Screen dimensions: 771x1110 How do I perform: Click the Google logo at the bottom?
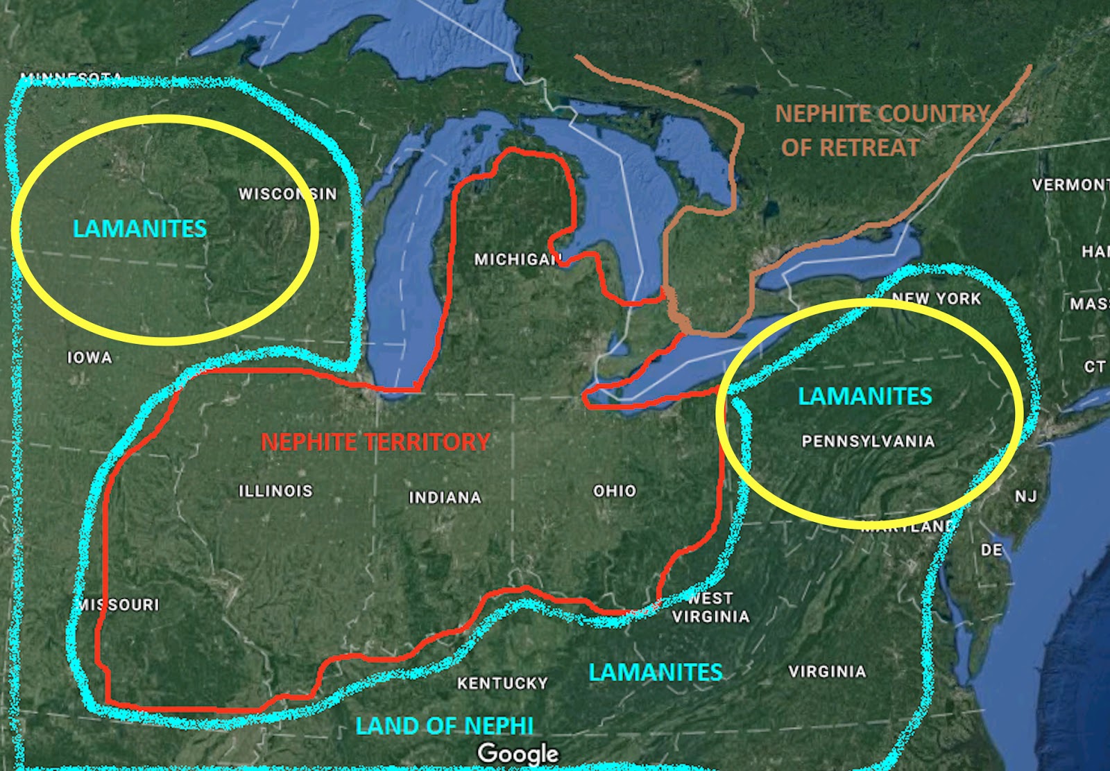coord(518,754)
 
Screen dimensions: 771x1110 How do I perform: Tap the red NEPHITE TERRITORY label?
coord(375,442)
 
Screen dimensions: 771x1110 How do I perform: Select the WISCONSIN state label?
coord(288,194)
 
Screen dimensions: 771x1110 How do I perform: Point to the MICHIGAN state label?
coord(518,260)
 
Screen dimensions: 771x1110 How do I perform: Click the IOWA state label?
coord(89,358)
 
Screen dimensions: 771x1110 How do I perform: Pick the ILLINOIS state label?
coord(275,491)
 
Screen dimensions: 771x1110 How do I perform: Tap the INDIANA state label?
coord(445,498)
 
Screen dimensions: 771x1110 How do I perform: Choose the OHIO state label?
coord(615,491)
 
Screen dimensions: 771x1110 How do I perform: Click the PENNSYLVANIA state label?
coord(868,442)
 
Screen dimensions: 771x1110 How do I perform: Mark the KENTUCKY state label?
coord(502,684)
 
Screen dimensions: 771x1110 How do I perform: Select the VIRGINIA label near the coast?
coord(827,671)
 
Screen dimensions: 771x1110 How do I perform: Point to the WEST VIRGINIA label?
coord(710,607)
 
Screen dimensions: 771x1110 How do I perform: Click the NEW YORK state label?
coord(936,299)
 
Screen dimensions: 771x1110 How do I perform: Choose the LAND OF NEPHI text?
coord(445,726)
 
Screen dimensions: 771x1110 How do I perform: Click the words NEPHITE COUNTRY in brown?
coord(882,114)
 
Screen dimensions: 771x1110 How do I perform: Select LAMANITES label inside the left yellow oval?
coord(139,229)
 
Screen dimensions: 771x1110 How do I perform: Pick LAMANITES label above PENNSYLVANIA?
coord(865,396)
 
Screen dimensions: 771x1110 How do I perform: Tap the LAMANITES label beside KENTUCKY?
coord(656,672)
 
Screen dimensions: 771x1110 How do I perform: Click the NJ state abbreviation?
coord(1025,496)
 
